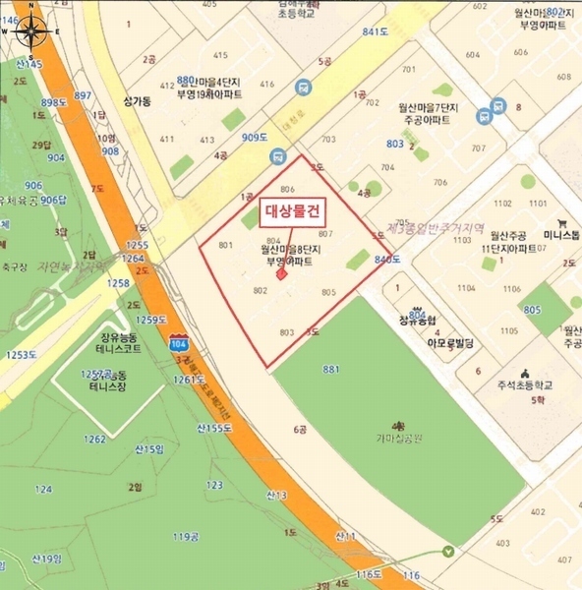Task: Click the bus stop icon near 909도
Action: tap(280, 155)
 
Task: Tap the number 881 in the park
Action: tap(330, 369)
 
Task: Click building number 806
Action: tap(287, 189)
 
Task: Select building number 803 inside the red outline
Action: tap(287, 333)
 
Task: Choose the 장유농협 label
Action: tap(418, 320)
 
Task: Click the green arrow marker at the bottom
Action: tap(448, 552)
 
